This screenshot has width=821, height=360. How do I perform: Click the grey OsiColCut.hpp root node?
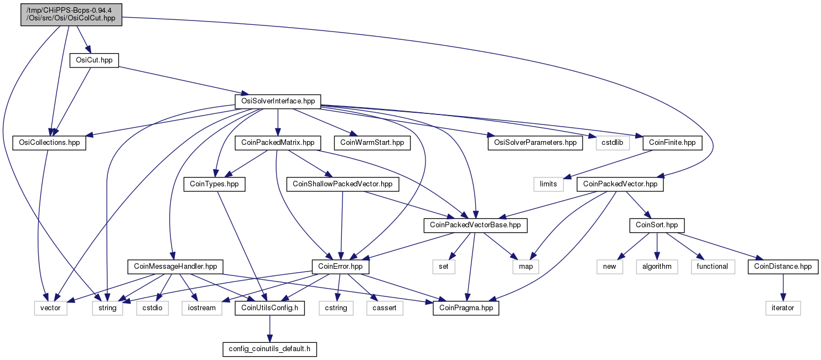tap(71, 14)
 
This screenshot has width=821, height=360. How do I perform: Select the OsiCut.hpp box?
tap(94, 60)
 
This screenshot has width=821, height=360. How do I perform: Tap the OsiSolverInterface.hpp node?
tap(278, 101)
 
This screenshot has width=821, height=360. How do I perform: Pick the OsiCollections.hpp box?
tap(49, 143)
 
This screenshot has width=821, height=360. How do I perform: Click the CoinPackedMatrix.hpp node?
tap(278, 143)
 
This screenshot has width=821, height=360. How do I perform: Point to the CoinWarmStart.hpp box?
tap(372, 143)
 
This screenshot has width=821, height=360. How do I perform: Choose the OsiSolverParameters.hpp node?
tap(535, 143)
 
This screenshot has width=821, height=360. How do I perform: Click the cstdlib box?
tap(612, 143)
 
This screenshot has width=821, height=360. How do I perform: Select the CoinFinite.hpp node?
tap(672, 143)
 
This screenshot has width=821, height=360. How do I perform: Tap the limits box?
tap(548, 184)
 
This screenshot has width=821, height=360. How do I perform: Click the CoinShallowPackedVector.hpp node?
tap(342, 184)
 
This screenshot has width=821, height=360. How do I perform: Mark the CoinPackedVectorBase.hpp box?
tap(475, 225)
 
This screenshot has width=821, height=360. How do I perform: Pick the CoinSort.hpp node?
tap(657, 225)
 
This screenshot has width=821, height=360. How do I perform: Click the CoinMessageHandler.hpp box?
tap(175, 266)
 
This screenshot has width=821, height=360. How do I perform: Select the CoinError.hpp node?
tap(340, 266)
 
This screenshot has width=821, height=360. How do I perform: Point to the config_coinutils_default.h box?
tap(269, 349)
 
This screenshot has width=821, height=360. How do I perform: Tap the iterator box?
tap(783, 308)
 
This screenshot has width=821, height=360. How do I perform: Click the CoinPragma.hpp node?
tap(466, 308)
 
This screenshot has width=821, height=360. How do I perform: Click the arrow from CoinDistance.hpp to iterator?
tap(783, 288)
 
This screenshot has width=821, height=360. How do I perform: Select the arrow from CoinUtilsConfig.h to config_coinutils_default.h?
tap(270, 328)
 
